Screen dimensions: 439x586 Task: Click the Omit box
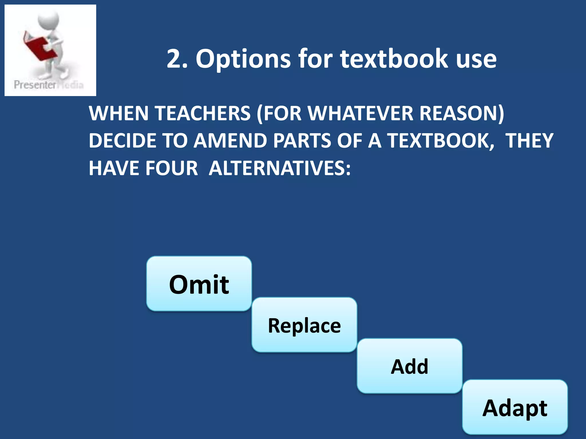click(x=199, y=284)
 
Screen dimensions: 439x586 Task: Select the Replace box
click(x=304, y=325)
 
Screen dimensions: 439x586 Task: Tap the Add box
click(x=409, y=366)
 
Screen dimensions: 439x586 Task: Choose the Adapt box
click(x=515, y=407)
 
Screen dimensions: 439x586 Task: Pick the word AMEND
click(x=230, y=141)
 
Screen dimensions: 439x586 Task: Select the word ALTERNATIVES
click(x=280, y=168)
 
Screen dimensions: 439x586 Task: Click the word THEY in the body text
click(x=529, y=141)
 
